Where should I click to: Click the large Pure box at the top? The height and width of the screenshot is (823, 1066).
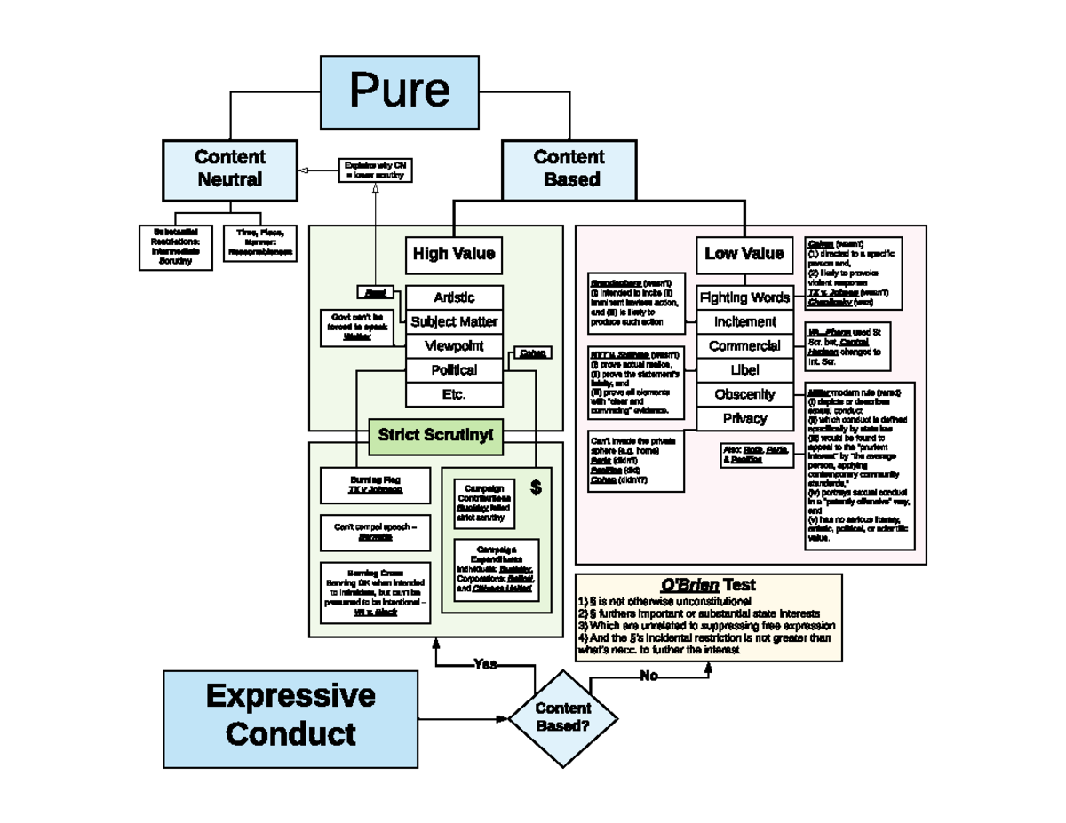click(399, 90)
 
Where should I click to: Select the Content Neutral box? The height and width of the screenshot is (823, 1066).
click(230, 169)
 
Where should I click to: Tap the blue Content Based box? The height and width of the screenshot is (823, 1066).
click(569, 169)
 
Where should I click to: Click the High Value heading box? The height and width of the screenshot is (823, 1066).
click(453, 255)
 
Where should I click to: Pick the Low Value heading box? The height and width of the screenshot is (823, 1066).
click(744, 254)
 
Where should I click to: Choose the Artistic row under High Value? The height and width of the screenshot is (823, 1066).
click(454, 297)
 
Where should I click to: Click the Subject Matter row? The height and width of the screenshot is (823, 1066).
click(454, 321)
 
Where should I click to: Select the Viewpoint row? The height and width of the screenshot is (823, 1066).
click(454, 345)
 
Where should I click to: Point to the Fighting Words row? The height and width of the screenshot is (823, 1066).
click(744, 297)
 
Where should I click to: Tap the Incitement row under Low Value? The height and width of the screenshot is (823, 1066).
click(744, 321)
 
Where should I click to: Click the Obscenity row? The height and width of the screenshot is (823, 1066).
click(744, 394)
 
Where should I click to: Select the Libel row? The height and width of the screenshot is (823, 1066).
click(744, 369)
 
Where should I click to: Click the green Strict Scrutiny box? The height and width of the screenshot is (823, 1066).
click(435, 435)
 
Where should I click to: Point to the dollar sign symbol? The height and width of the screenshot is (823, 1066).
click(535, 487)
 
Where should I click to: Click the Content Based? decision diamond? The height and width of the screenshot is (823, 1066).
click(563, 717)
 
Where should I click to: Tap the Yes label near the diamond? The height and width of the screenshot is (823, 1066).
click(485, 664)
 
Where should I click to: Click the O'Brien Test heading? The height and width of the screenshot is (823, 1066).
click(707, 585)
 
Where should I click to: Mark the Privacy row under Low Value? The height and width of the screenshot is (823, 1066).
click(744, 418)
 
